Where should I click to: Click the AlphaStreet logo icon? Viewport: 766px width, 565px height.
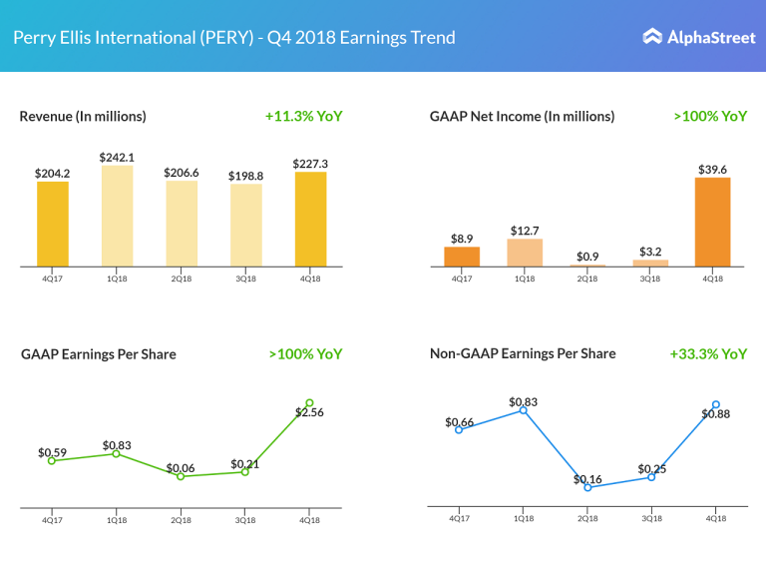point(652,37)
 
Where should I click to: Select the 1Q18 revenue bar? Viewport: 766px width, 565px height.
point(117,216)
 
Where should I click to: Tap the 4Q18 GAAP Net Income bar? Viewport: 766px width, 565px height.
point(712,222)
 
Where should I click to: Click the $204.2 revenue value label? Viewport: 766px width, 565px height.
point(53,173)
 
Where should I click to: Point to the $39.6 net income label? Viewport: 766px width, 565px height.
point(712,169)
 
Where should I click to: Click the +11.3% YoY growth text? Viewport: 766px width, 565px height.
point(304,116)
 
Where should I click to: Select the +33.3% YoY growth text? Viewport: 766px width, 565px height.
point(708,353)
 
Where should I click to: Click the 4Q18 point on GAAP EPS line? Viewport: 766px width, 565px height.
point(309,403)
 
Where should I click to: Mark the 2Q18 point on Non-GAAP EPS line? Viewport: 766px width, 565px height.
point(587,487)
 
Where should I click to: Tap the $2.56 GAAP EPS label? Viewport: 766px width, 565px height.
point(309,412)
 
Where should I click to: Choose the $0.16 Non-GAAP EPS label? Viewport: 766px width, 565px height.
point(587,479)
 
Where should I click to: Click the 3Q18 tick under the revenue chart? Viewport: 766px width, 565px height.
point(245,279)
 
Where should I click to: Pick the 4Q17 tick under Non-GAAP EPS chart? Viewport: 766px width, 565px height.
point(459,518)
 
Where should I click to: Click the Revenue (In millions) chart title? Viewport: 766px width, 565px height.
point(83,116)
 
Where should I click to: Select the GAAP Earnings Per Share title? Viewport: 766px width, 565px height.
point(99,353)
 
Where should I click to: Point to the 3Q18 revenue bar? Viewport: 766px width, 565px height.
point(245,225)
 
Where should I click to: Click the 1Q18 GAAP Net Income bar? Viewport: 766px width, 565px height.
point(525,253)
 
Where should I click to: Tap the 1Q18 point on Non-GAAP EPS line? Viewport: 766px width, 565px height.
point(524,410)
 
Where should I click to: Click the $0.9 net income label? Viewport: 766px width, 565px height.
point(587,257)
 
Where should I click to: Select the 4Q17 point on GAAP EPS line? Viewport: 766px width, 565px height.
point(52,461)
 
